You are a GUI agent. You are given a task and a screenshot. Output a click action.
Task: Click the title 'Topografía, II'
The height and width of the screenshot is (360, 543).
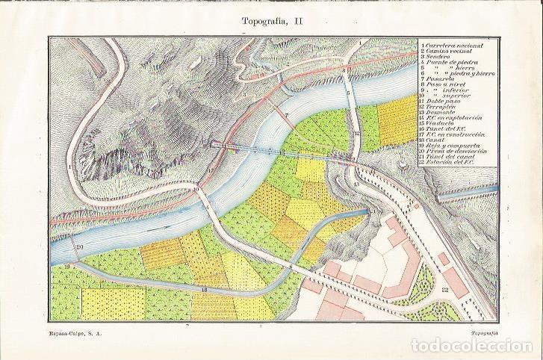click(x=272, y=22)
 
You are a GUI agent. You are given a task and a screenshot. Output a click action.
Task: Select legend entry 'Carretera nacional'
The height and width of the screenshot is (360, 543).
click(x=452, y=45)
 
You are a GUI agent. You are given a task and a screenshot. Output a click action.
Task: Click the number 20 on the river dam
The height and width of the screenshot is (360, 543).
click(x=79, y=247)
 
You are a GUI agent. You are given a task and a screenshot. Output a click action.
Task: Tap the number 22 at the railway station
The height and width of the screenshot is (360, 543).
click(x=445, y=291)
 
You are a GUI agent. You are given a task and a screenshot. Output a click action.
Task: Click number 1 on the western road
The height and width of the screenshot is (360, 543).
click(x=69, y=167)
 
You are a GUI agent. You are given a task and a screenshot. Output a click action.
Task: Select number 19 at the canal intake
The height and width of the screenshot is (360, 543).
click(x=66, y=265)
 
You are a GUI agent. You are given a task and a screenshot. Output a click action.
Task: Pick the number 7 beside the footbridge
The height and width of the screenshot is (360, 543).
click(x=285, y=115)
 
